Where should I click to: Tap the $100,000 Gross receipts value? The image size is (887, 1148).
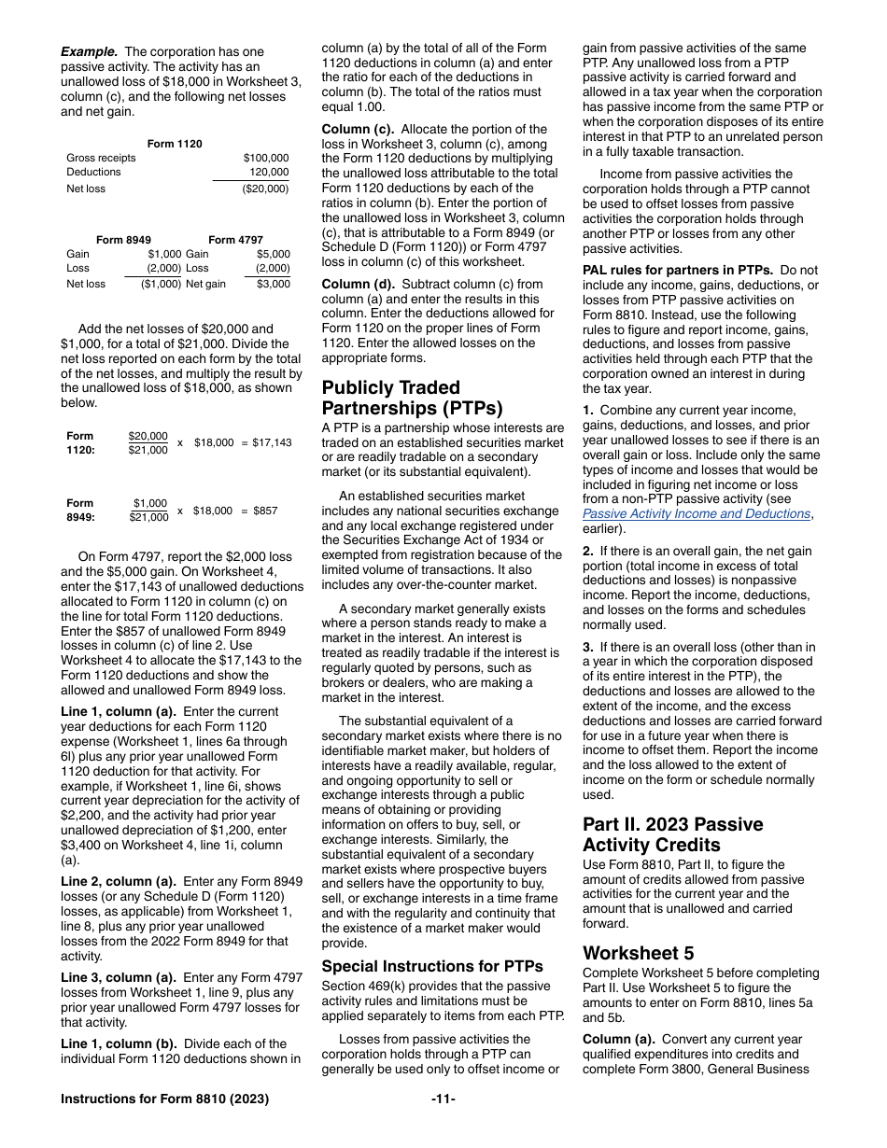266,158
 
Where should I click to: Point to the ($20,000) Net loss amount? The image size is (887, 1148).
265,189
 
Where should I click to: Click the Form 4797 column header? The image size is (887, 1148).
235,240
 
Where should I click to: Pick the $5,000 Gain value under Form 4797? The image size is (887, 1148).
273,254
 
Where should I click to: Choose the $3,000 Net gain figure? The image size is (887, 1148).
273,284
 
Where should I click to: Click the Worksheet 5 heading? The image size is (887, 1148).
638,953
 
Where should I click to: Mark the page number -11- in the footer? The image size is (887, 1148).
443,1099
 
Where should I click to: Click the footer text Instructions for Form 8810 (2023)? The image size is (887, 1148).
164,1099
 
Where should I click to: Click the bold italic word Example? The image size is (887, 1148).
89,52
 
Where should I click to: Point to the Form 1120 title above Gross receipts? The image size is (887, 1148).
175,144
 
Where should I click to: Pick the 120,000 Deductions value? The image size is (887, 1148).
270,172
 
